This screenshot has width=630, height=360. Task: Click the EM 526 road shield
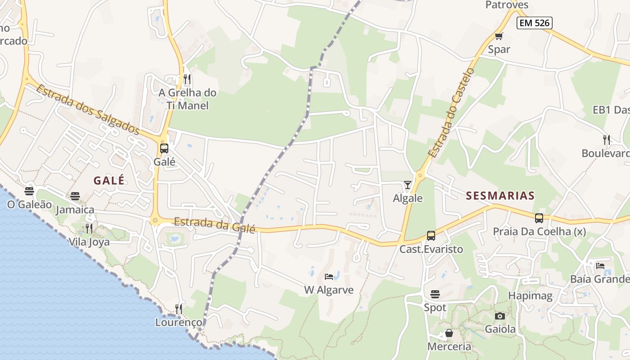(534, 23)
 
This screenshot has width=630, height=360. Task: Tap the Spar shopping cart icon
(499, 36)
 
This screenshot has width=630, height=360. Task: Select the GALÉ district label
(109, 180)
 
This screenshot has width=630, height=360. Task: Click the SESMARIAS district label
(500, 195)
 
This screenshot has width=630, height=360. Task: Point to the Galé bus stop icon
(164, 148)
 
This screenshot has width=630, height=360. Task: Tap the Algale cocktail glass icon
(408, 185)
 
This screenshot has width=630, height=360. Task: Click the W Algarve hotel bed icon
(329, 276)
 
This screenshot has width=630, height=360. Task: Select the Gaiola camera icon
(500, 316)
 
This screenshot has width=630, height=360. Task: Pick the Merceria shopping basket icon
(449, 333)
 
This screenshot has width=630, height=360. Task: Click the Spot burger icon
(435, 294)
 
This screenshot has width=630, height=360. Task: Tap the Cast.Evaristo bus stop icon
(431, 236)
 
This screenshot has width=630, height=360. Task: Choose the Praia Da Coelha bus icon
(539, 218)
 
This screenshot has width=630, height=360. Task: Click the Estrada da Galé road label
(215, 225)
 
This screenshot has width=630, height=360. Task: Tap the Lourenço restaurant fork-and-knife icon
(179, 309)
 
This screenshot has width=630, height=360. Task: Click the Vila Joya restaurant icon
(89, 229)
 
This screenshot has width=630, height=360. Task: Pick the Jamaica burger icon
(75, 196)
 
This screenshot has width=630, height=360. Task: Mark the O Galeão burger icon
(29, 191)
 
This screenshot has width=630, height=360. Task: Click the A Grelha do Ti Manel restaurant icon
(187, 80)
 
